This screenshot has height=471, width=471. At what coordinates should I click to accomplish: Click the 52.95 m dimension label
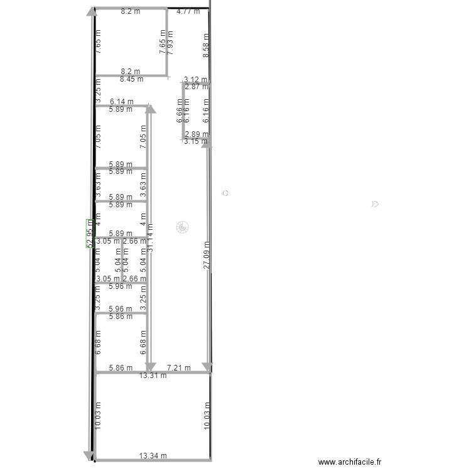(90, 233)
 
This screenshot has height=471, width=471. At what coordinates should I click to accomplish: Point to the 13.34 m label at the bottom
(153, 456)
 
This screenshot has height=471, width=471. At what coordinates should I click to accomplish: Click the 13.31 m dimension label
(153, 376)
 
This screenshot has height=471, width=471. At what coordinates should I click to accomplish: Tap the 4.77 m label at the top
(188, 11)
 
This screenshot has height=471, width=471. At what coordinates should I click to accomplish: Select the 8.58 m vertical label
(206, 46)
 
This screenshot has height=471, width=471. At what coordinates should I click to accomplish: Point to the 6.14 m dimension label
(121, 101)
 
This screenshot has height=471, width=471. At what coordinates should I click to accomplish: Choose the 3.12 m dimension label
(196, 79)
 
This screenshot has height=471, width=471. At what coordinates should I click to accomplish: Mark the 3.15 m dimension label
(196, 141)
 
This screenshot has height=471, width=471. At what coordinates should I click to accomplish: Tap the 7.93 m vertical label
(170, 42)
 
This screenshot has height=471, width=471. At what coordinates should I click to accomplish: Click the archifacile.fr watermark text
(350, 462)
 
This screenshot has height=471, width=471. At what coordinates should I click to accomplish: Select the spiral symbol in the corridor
(181, 227)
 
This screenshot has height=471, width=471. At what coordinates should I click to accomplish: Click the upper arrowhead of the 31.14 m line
(151, 109)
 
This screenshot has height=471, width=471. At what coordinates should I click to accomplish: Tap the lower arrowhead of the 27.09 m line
(207, 366)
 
